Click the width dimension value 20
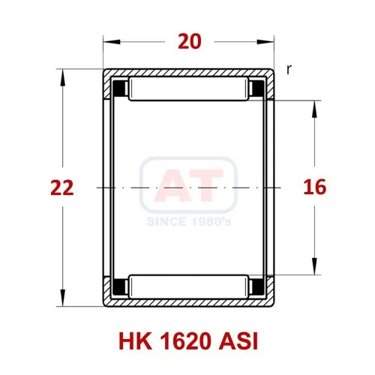[190, 42]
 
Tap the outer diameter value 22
[62, 187]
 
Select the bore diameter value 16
[315, 187]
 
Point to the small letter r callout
[289, 70]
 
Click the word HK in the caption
[135, 341]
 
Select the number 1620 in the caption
[184, 341]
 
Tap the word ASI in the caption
[238, 341]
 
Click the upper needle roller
[188, 89]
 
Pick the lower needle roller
[188, 286]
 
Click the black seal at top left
[119, 88]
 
